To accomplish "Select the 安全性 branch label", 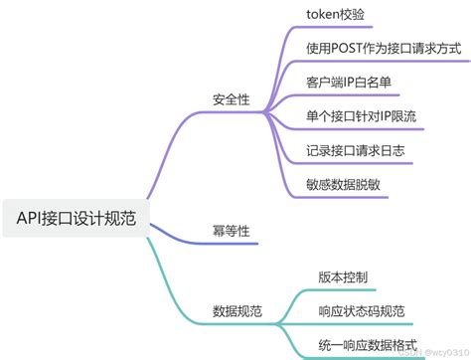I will click(x=232, y=99).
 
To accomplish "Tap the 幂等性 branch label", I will click(x=232, y=230).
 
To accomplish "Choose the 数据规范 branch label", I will click(x=238, y=309).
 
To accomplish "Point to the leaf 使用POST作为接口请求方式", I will click(x=383, y=46).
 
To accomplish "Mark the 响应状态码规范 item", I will click(x=362, y=310).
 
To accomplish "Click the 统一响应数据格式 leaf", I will click(x=369, y=345).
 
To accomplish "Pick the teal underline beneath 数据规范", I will click(x=238, y=323).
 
